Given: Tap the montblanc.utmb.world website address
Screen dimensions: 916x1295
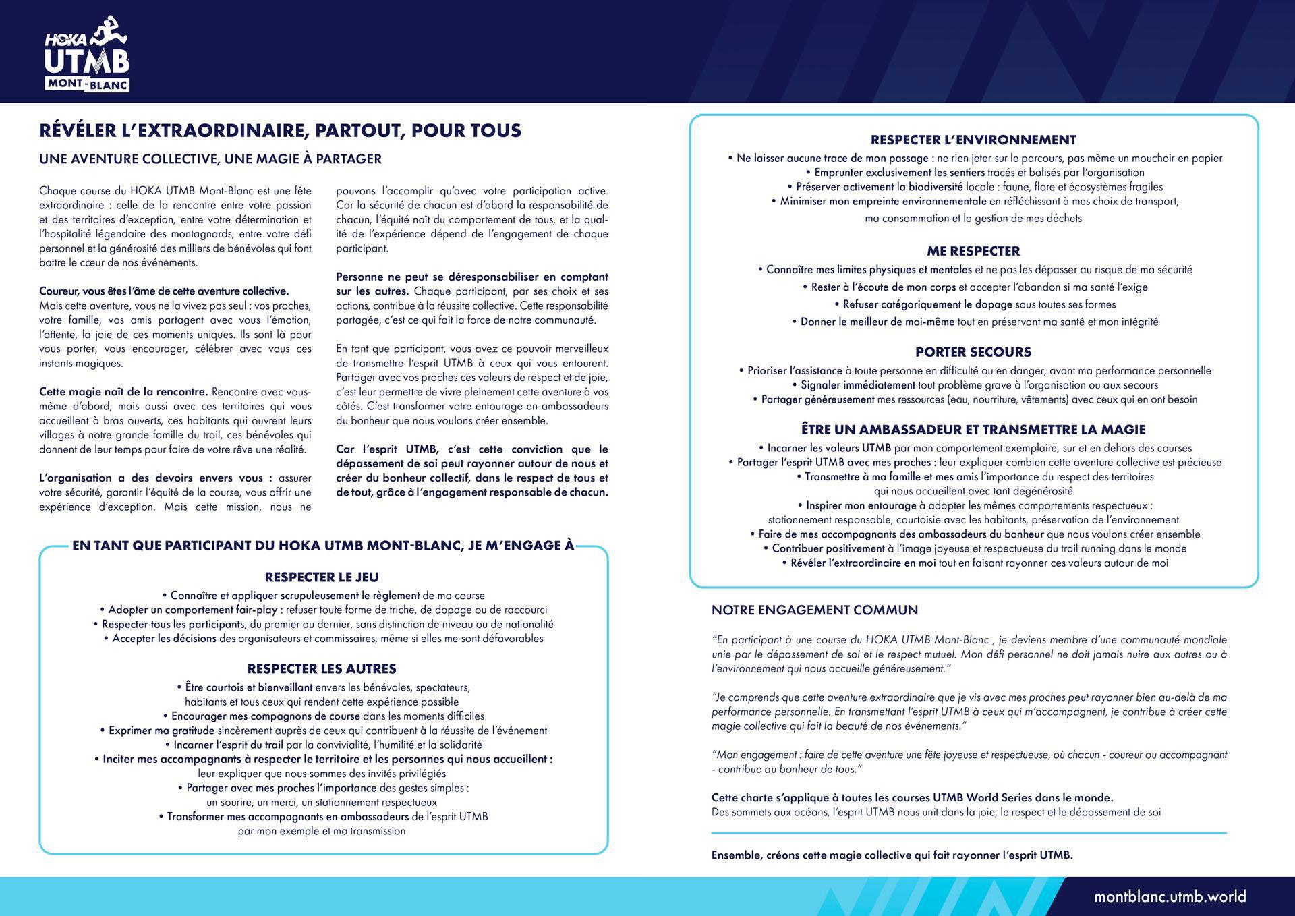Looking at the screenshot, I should [x=1170, y=896].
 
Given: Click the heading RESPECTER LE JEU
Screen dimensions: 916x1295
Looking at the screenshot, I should [x=322, y=577].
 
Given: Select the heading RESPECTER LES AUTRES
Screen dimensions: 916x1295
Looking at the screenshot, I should [x=322, y=669].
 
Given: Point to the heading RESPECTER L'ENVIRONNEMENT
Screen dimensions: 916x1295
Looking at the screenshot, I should [x=973, y=140].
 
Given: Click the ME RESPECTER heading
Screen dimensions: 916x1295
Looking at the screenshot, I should [x=973, y=252].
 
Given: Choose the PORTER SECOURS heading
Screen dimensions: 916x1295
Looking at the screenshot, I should [x=973, y=352].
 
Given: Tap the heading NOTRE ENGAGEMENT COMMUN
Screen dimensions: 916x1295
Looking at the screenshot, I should [x=815, y=610].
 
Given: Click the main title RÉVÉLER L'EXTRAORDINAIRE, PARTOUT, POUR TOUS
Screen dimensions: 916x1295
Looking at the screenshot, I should [x=280, y=130].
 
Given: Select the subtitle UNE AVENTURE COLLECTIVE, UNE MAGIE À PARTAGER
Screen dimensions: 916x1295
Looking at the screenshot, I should [x=210, y=159].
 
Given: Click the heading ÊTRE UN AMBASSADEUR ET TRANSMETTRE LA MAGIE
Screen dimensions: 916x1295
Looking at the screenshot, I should [x=973, y=430].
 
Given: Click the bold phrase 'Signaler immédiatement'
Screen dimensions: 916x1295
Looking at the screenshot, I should [x=858, y=385].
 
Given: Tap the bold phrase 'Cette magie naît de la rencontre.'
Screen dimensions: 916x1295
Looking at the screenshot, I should [x=123, y=392].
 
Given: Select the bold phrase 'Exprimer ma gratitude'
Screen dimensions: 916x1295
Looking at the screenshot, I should [x=161, y=731].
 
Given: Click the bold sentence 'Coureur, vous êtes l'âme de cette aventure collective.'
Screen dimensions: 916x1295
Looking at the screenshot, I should [x=164, y=291].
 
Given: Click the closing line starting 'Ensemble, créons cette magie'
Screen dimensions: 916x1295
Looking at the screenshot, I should [x=892, y=855].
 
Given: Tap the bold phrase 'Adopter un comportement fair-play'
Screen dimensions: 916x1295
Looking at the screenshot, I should [x=192, y=610].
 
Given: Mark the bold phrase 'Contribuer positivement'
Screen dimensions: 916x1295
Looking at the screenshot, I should [x=828, y=549].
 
